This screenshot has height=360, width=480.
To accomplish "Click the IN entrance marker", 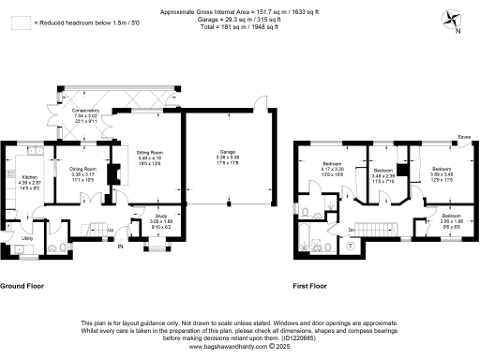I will click(x=120, y=247).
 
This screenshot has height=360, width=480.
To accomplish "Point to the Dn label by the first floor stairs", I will click(x=351, y=230).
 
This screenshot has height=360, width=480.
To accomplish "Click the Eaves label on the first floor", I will click(x=464, y=137).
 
